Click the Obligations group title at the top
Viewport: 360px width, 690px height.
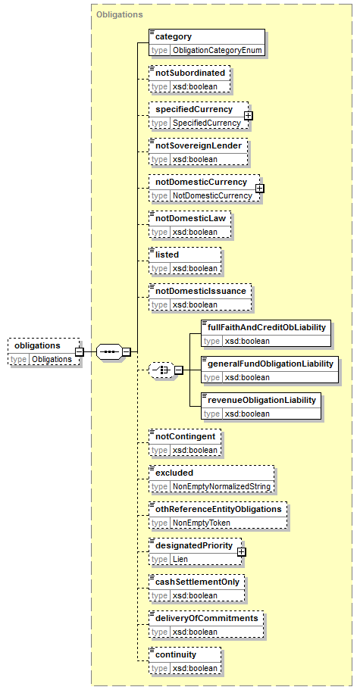tap(119, 14)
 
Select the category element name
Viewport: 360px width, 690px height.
tap(174, 37)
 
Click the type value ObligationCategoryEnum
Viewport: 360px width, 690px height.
tap(218, 50)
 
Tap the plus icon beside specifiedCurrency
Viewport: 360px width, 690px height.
tap(249, 115)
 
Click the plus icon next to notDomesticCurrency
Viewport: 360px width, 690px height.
tap(260, 188)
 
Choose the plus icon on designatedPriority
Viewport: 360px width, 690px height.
tap(241, 551)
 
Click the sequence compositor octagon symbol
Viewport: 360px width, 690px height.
tap(108, 352)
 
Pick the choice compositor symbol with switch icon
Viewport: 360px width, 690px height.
tap(161, 370)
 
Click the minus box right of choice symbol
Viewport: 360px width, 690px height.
tap(179, 370)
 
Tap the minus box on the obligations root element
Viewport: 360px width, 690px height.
tap(80, 352)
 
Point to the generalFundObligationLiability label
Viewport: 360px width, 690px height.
tap(271, 364)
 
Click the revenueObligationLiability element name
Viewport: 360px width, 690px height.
tap(261, 400)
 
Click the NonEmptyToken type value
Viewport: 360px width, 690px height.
tap(202, 523)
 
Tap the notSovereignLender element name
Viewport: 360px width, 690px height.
tap(199, 145)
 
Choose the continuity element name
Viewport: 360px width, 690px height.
tap(176, 654)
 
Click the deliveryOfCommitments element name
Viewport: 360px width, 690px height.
tap(207, 618)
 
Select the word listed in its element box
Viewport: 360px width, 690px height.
tap(167, 254)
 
